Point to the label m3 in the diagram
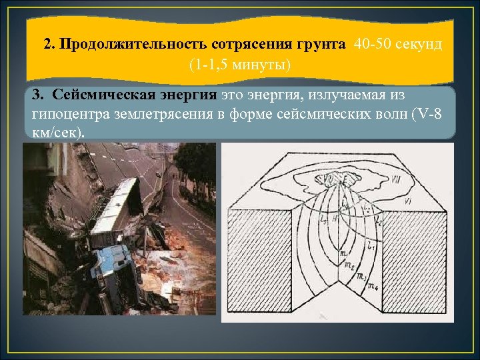(x=362, y=277)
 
